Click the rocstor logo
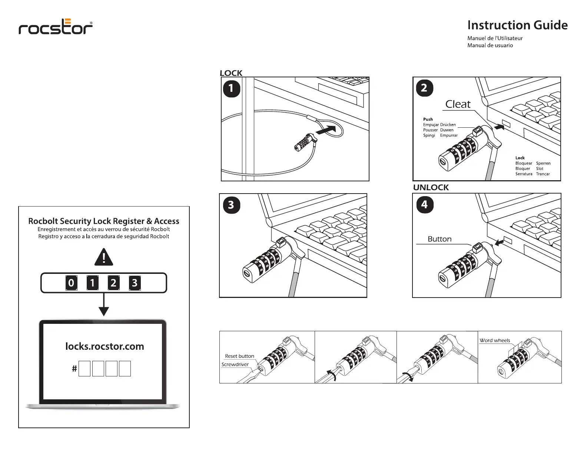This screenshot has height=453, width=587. pyautogui.click(x=56, y=27)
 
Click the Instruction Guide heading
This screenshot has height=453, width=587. pyautogui.click(x=517, y=25)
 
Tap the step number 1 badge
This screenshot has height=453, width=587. pyautogui.click(x=232, y=89)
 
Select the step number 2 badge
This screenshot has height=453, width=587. pyautogui.click(x=424, y=88)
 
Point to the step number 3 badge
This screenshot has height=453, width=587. pyautogui.click(x=231, y=205)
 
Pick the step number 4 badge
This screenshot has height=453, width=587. pyautogui.click(x=424, y=205)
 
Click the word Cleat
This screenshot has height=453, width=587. pyautogui.click(x=458, y=104)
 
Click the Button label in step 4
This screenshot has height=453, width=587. pyautogui.click(x=440, y=239)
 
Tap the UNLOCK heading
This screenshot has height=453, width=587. pyautogui.click(x=431, y=187)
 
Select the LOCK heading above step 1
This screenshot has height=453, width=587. pyautogui.click(x=231, y=73)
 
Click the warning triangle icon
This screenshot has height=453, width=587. pyautogui.click(x=104, y=257)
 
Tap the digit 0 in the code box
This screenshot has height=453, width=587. pyautogui.click(x=71, y=283)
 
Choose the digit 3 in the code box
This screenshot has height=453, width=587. pyautogui.click(x=135, y=283)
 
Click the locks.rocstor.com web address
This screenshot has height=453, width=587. pyautogui.click(x=105, y=346)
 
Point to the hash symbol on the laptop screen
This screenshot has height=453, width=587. pyautogui.click(x=74, y=369)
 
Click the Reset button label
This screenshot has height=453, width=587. pyautogui.click(x=239, y=356)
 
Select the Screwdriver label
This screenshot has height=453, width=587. pyautogui.click(x=235, y=365)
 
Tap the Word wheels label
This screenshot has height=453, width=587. pyautogui.click(x=495, y=340)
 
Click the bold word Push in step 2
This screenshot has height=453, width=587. pyautogui.click(x=428, y=119)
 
